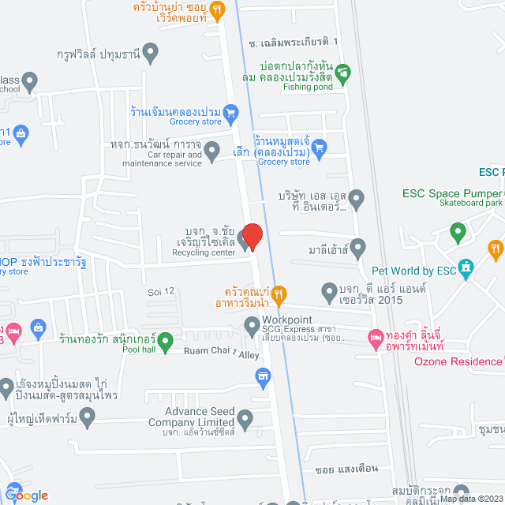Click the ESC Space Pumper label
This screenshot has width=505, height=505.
point(451,192)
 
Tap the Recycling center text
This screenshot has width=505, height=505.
point(203,253)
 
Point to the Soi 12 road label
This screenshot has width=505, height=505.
point(159,292)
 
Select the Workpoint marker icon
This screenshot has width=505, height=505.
point(252,324)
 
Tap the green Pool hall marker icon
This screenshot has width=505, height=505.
point(165,342)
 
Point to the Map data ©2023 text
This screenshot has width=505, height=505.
point(471,499)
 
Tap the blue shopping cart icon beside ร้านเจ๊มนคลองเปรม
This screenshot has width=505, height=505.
point(230,112)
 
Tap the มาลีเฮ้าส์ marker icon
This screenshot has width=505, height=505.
point(357,249)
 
